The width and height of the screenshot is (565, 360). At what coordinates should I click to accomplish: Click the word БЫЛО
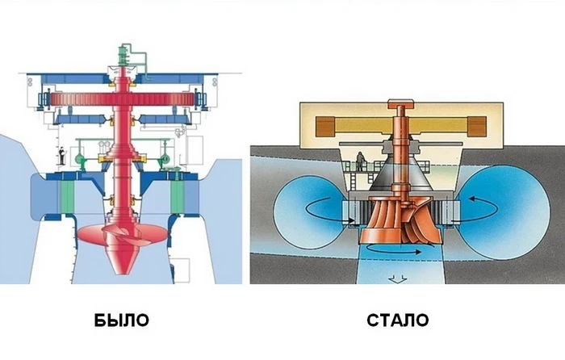(121, 320)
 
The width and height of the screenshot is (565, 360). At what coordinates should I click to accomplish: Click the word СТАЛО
(398, 320)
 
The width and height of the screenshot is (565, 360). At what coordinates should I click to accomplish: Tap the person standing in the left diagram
(62, 156)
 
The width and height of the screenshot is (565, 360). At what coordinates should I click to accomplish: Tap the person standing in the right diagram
(360, 161)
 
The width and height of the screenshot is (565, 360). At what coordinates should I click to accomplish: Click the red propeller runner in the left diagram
(123, 235)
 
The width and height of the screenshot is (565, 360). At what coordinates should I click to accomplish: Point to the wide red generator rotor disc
(123, 99)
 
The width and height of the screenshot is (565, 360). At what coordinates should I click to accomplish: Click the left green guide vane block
(67, 196)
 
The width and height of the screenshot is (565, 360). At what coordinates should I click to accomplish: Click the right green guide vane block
(178, 196)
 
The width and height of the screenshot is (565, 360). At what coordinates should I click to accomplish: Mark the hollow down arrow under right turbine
(398, 279)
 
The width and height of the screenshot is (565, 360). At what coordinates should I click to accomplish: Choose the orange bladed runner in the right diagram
(400, 220)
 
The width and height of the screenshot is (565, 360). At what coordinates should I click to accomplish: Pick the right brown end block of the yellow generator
(477, 126)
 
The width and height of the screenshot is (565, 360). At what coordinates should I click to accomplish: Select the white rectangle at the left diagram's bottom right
(180, 270)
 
